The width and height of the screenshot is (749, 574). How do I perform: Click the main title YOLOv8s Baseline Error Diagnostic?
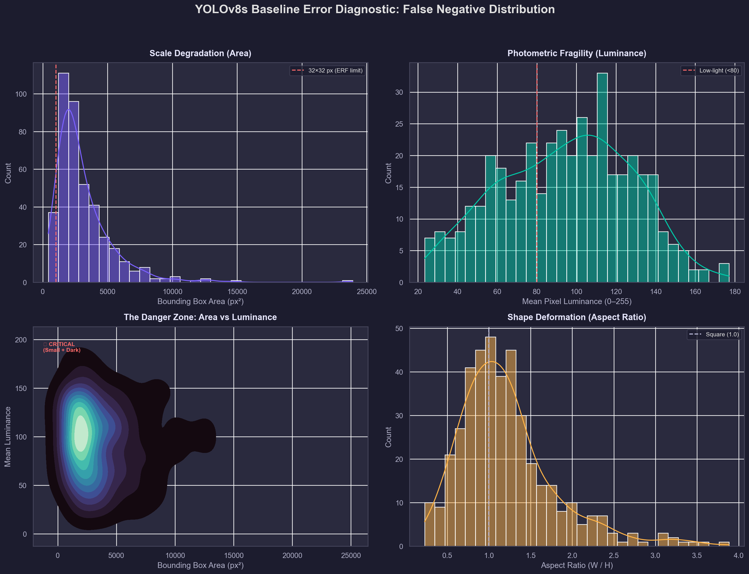[x=374, y=9]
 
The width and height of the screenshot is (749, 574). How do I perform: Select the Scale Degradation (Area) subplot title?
[x=201, y=53]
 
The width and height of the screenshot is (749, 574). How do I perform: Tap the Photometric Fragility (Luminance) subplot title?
[x=577, y=53]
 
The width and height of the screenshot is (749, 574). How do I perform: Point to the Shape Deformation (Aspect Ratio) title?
[x=577, y=317]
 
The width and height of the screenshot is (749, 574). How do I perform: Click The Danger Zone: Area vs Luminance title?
[x=201, y=317]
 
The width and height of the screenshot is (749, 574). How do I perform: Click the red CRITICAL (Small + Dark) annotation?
[x=62, y=347]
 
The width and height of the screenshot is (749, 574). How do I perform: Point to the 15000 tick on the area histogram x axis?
[x=237, y=292]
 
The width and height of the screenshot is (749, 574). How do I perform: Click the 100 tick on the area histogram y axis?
[x=21, y=94]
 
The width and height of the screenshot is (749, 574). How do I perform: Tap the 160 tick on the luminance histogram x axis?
[x=695, y=292]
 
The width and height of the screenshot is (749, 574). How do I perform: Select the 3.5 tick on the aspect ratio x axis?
[x=697, y=556]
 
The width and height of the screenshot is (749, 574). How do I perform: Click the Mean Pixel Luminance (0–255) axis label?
[x=577, y=301]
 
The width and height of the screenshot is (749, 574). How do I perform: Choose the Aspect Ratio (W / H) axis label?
[x=577, y=565]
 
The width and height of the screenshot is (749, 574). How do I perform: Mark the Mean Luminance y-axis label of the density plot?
[x=8, y=437]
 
